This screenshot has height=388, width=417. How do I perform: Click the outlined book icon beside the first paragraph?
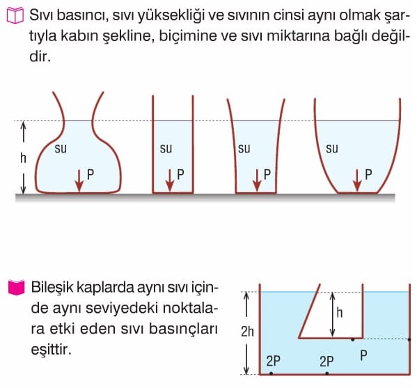tap(15, 16)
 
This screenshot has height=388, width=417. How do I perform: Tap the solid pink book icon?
tap(16, 288)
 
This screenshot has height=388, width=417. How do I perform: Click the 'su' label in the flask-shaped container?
tap(61, 148)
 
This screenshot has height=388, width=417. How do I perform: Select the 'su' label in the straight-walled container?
tap(166, 148)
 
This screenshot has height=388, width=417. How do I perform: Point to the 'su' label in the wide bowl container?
tap(332, 148)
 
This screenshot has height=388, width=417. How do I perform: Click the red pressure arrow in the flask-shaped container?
tap(79, 180)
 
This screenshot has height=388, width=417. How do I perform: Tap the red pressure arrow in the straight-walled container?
tap(170, 180)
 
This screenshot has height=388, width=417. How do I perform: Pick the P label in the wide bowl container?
tap(368, 175)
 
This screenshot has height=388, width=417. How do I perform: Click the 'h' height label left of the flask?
tap(24, 158)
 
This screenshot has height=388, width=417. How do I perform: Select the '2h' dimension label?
tap(247, 332)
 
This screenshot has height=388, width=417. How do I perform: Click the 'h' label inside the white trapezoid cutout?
tap(340, 312)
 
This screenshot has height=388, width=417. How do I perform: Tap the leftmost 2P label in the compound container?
tap(274, 361)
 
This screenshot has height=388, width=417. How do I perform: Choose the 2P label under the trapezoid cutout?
tap(326, 361)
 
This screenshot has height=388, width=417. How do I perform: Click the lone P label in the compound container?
tap(363, 355)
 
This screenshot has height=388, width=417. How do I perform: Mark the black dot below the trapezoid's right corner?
tap(353, 339)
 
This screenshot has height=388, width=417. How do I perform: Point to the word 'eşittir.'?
tap(52, 349)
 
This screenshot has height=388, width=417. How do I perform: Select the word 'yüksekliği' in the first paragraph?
tap(171, 15)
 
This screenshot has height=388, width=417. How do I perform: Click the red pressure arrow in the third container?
tap(257, 180)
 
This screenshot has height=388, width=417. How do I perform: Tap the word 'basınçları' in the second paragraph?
tap(183, 329)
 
